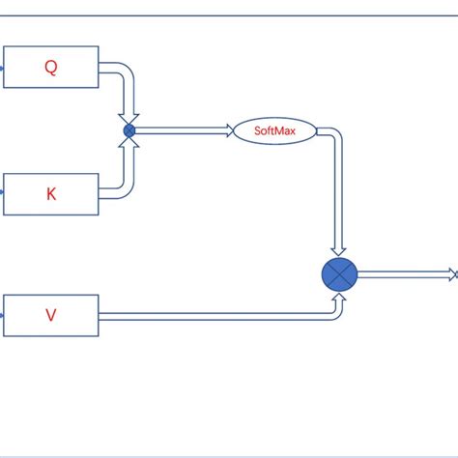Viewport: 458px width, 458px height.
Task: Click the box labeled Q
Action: (x=50, y=67)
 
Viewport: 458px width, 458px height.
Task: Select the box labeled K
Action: (x=50, y=193)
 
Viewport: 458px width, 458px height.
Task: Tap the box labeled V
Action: (x=50, y=315)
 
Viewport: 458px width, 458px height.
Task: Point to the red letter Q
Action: (x=51, y=67)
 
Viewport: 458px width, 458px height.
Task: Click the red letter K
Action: (x=51, y=194)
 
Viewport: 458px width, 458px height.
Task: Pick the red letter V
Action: (x=51, y=315)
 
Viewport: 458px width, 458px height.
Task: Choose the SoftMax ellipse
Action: (x=274, y=129)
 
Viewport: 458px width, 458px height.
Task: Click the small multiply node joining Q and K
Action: (x=129, y=129)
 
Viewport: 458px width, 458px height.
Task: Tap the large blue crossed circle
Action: (x=339, y=275)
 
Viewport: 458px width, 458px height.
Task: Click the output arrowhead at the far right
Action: (x=451, y=275)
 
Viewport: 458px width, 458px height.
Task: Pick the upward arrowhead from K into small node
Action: (x=129, y=143)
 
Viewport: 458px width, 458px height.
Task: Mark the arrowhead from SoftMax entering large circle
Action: (x=339, y=252)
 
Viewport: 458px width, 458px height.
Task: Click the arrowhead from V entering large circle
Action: (x=339, y=298)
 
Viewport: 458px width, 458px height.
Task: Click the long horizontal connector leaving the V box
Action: (x=213, y=315)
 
